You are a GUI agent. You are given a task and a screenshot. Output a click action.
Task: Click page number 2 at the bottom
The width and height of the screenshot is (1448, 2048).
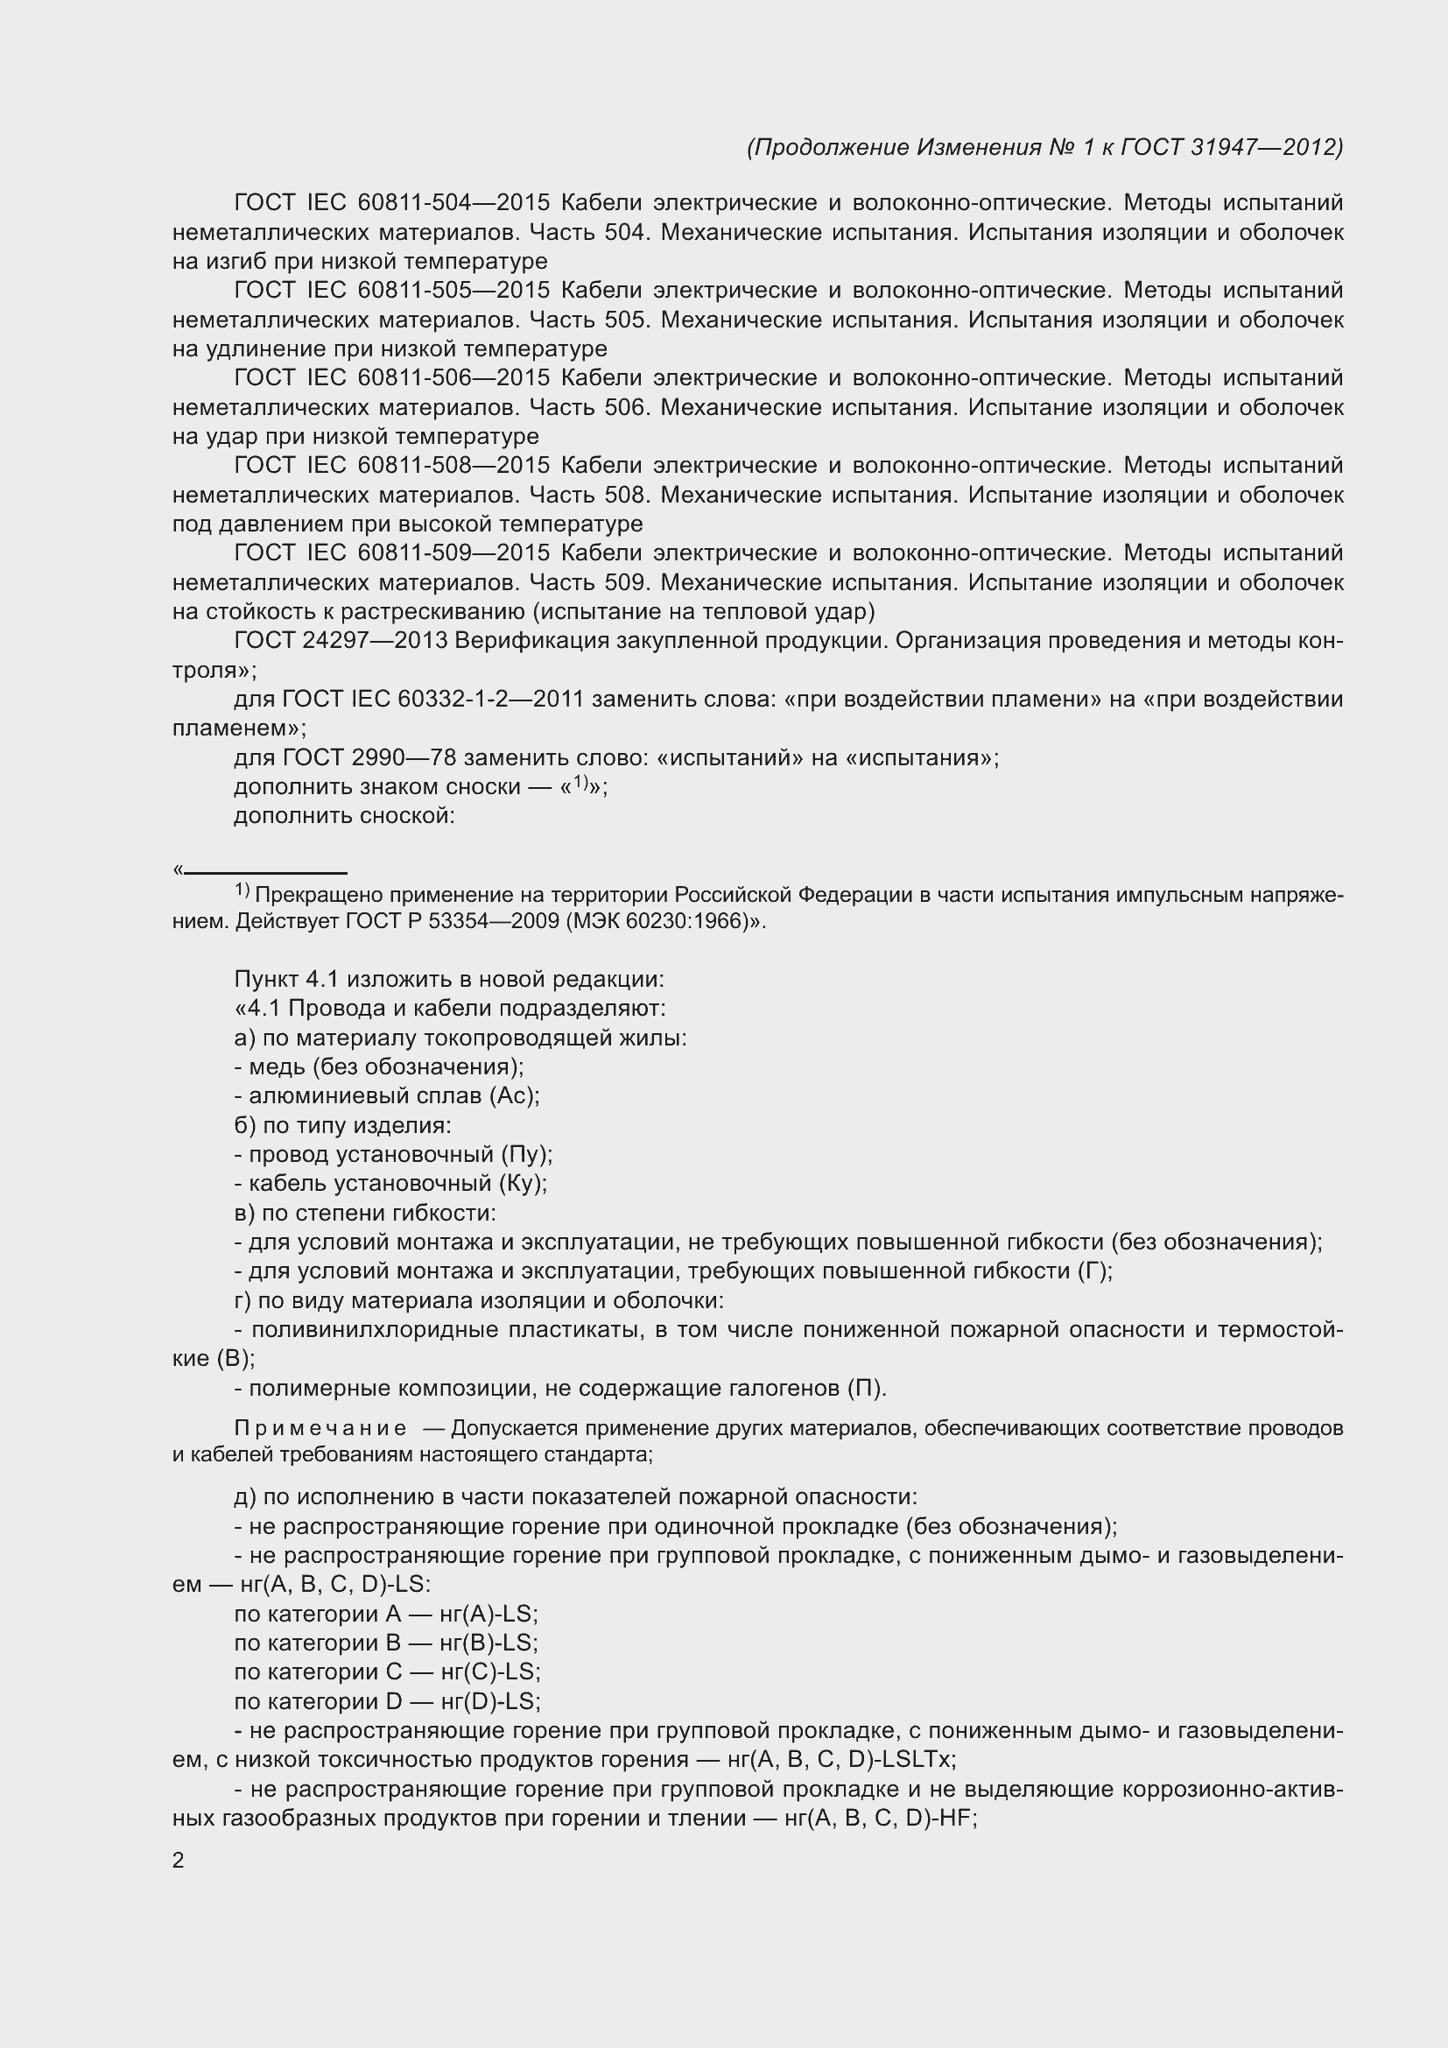(179, 1861)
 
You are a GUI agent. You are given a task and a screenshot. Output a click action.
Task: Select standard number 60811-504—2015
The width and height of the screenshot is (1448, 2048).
(453, 203)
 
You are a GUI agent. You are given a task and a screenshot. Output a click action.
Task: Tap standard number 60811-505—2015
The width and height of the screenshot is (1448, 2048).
(453, 291)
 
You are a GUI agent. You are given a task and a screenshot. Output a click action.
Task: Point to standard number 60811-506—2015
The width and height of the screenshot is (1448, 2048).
(453, 378)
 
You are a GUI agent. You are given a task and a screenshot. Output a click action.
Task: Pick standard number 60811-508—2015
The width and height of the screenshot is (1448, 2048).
(453, 466)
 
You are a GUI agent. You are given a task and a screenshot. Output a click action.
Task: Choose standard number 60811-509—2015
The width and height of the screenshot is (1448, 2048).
(453, 553)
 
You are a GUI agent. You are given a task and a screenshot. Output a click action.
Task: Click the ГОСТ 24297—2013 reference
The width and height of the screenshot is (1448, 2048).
(340, 640)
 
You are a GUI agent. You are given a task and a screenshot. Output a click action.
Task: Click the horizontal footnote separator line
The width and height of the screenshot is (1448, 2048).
(266, 873)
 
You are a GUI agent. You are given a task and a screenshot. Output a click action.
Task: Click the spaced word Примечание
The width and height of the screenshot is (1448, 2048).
(321, 1428)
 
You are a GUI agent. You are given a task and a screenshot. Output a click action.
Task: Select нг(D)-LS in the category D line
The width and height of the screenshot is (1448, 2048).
(489, 1701)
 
